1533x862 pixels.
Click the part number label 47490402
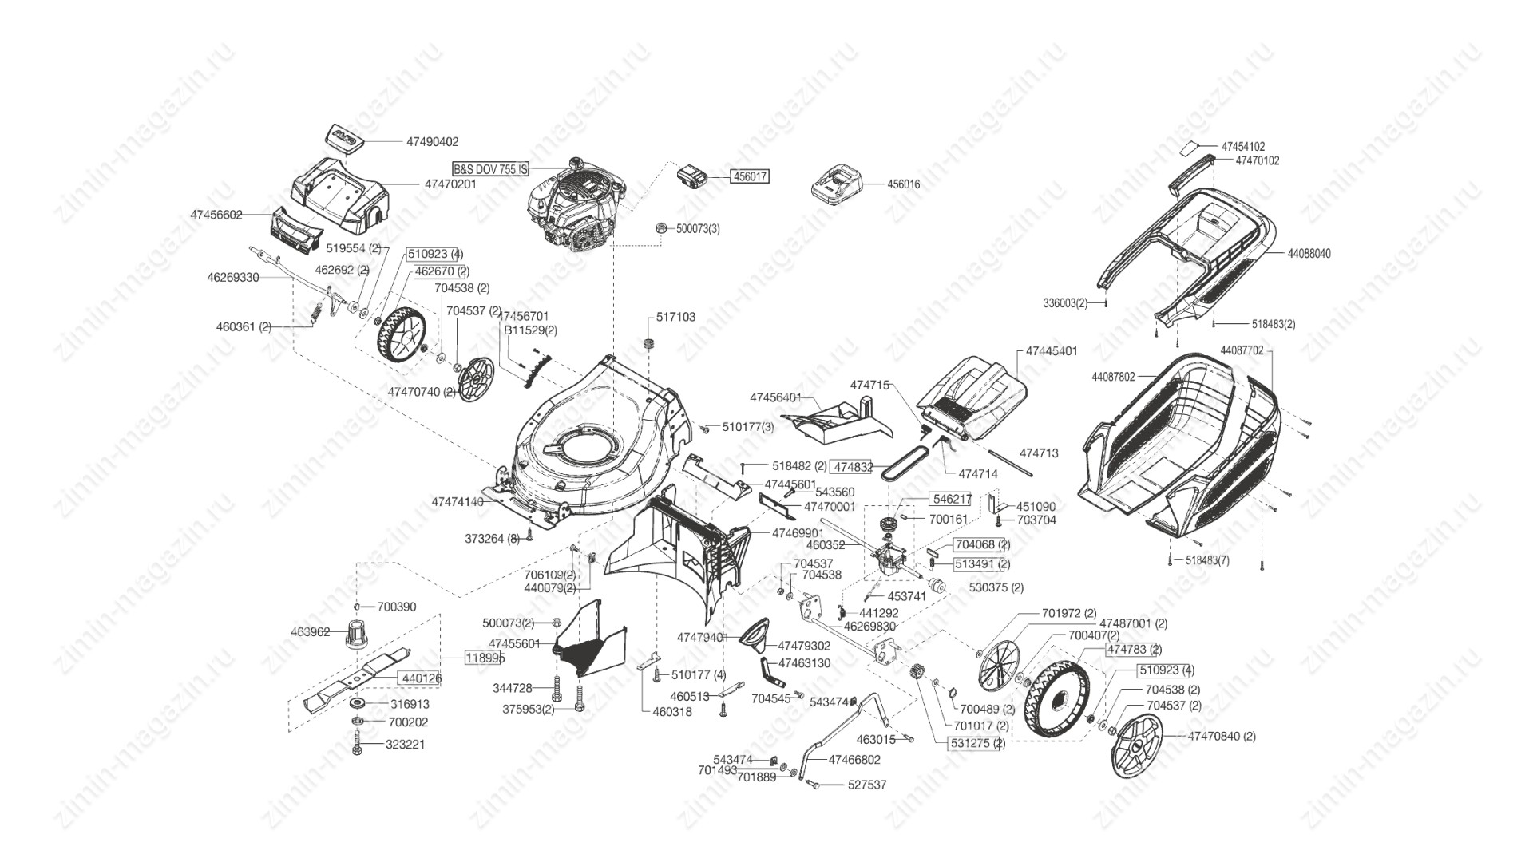(x=432, y=142)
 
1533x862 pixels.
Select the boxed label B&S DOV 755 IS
(x=490, y=169)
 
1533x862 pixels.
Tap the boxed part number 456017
(x=750, y=176)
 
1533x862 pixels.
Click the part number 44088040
(x=1309, y=254)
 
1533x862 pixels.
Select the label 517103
(x=675, y=317)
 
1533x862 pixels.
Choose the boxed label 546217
(x=952, y=500)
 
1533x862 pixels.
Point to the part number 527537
(x=866, y=785)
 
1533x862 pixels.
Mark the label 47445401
(x=1052, y=351)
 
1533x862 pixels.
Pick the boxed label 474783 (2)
(x=1133, y=650)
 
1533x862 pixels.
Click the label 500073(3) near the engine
(x=698, y=229)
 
